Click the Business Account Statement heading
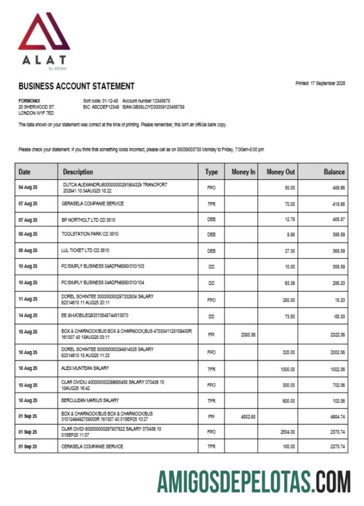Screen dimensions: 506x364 coord(77,86)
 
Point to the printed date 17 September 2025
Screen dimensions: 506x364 coord(320,83)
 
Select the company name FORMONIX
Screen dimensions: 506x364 coord(29,101)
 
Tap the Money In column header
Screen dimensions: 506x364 coord(243,172)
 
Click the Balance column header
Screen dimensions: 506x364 coord(334,172)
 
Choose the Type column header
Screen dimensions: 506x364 coord(211,172)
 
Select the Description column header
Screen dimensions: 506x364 coord(78,172)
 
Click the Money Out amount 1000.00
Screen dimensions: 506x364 coord(287,369)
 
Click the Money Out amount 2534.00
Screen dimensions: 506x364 coord(287,432)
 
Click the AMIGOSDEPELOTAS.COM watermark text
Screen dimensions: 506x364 coord(254,482)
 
